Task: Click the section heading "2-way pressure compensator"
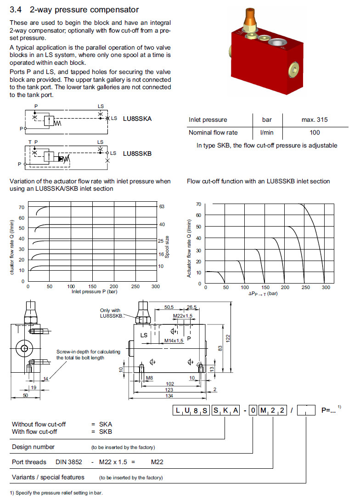83,9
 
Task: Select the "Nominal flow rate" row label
213,132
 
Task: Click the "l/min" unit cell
267,132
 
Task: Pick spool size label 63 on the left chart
162,206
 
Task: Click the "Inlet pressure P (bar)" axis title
94,291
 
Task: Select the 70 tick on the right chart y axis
198,204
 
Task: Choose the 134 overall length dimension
170,396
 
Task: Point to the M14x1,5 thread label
174,341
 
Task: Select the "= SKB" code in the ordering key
101,432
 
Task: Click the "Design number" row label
33,447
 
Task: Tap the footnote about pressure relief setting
56,493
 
